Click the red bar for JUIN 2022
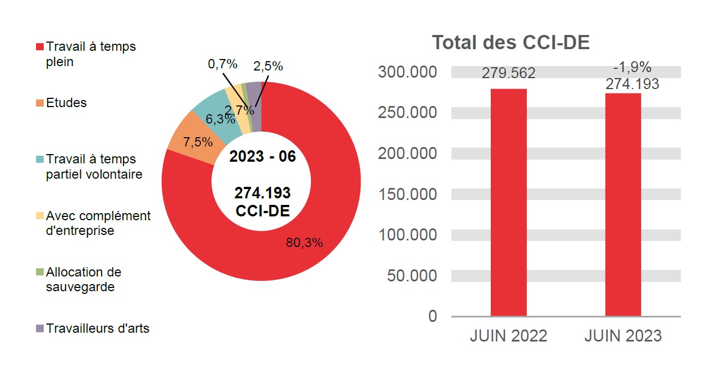pos(508,202)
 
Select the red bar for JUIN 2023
pos(623,204)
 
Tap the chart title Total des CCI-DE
pos(511,43)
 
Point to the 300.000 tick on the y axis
pos(407,72)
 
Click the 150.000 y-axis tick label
pos(407,195)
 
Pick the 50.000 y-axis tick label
pos(412,275)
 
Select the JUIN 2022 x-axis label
pos(508,335)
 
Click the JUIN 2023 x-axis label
pos(623,335)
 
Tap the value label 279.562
pos(508,73)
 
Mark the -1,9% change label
pos(632,67)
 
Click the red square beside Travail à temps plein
pos(40,47)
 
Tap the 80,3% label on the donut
pos(304,243)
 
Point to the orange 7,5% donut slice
pos(189,134)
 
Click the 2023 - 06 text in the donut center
pos(262,157)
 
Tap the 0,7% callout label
pos(222,64)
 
